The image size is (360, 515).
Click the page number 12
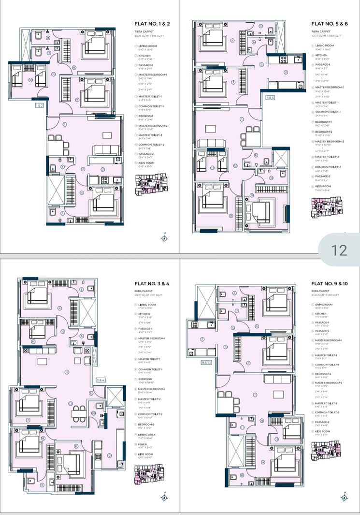[x=340, y=250]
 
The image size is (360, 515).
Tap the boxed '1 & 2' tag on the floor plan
[x=39, y=105]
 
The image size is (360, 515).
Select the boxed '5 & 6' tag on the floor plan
[x=270, y=97]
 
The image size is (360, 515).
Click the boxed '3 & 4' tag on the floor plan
[x=101, y=381]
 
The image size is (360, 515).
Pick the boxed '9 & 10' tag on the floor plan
[x=207, y=362]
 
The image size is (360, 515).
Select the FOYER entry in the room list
[x=143, y=445]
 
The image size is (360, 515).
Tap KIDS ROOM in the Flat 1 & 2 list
[x=146, y=163]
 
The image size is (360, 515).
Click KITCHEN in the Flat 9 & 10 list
[x=322, y=313]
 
